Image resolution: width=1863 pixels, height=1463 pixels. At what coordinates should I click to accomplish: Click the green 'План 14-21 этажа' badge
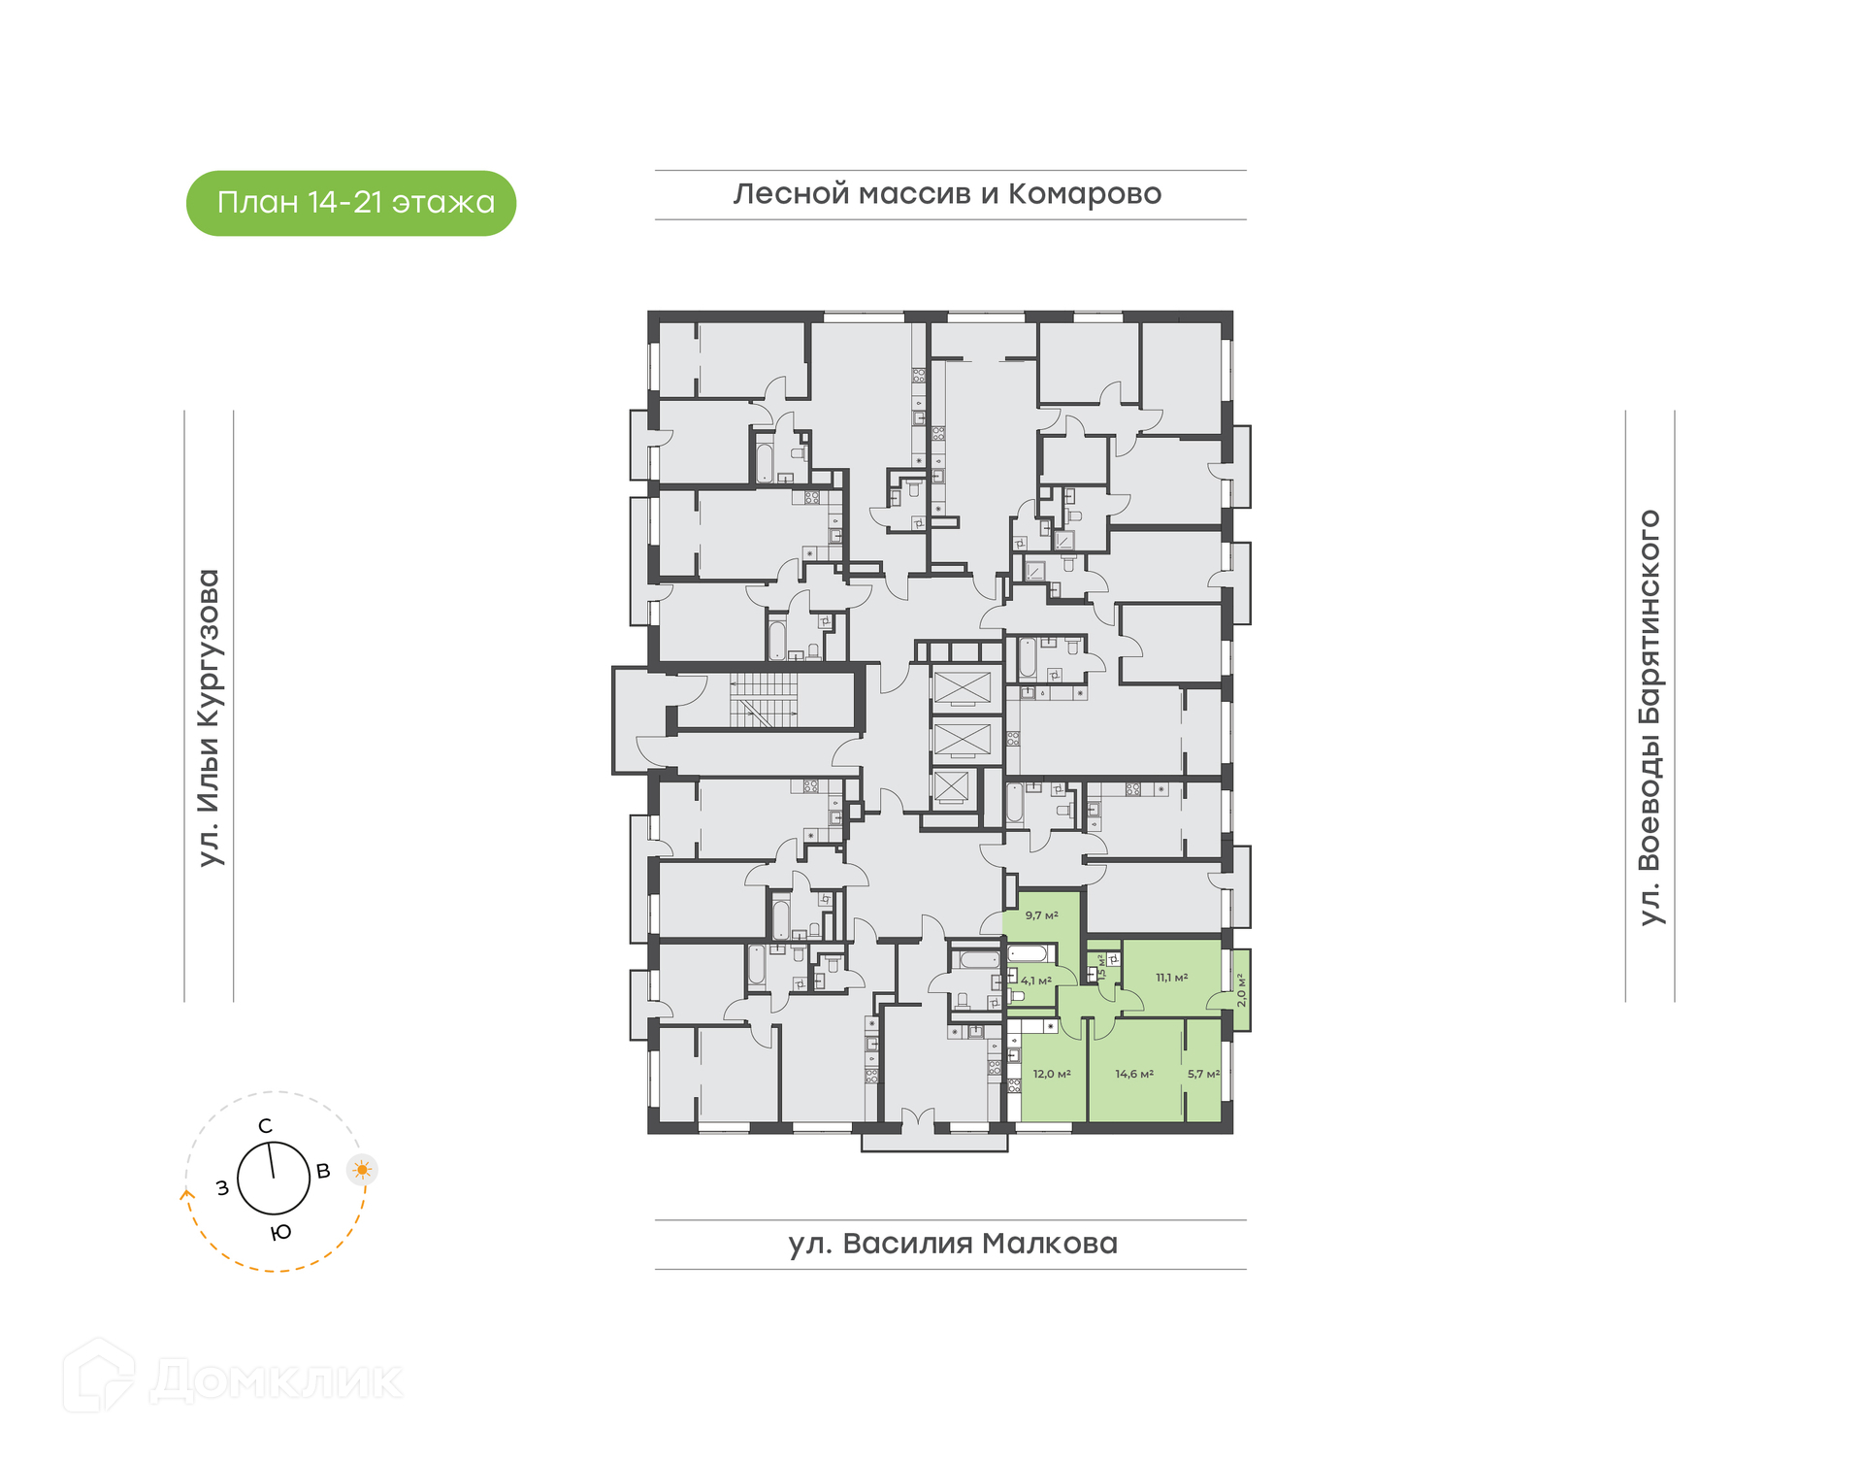point(350,203)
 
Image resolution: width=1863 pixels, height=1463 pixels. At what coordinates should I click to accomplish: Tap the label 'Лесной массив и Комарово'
point(947,194)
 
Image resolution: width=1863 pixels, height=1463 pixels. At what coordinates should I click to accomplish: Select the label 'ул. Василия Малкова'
point(953,1244)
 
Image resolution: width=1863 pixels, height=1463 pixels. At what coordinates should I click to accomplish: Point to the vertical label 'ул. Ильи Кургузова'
point(209,717)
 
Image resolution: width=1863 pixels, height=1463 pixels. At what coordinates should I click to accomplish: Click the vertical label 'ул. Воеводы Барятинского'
point(1650,717)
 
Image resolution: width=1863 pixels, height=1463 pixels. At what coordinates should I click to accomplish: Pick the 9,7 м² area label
point(1042,915)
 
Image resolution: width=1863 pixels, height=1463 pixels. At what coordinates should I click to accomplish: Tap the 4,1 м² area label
point(1036,981)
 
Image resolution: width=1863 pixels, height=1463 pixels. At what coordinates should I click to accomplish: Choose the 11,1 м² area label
point(1172,978)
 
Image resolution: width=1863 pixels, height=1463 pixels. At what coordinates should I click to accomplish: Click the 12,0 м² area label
point(1052,1074)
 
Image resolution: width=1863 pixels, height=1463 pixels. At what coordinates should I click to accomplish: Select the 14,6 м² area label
point(1134,1074)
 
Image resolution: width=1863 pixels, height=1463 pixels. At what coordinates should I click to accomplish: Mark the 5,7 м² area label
point(1204,1074)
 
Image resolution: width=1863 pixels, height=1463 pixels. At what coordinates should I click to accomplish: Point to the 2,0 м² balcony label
point(1241,989)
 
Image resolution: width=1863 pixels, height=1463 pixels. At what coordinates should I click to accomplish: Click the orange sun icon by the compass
point(363,1169)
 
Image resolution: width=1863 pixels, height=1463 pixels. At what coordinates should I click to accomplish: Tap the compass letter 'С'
point(265,1126)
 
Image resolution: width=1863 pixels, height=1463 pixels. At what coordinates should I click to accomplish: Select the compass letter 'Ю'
point(280,1233)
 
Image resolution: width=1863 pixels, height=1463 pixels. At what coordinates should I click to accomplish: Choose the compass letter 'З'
point(222,1187)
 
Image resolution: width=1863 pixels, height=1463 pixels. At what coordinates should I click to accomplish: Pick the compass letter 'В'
point(323,1171)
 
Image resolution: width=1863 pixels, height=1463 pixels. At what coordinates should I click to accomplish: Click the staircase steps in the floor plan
point(764,700)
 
